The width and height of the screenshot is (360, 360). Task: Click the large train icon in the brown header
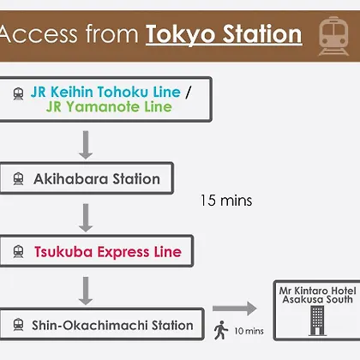click(333, 36)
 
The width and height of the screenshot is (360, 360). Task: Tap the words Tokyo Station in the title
click(224, 34)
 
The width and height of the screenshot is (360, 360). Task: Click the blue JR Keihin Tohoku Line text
click(105, 92)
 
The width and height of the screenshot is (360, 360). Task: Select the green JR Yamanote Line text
click(109, 107)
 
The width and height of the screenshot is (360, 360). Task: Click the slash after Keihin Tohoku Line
click(188, 92)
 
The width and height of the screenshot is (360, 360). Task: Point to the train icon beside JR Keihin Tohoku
click(18, 93)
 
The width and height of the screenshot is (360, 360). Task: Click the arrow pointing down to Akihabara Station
click(86, 145)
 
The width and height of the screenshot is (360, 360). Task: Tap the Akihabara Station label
click(97, 179)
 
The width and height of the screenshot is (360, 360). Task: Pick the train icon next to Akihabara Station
click(18, 179)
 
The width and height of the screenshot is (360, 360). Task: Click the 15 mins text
click(226, 201)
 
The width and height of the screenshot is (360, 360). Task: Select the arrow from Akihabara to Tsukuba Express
click(86, 218)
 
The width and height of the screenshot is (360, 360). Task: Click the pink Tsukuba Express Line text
click(108, 252)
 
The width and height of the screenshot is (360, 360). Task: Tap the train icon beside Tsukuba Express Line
click(18, 251)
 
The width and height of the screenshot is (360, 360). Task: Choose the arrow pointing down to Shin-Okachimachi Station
click(86, 291)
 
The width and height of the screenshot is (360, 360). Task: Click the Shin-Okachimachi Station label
click(112, 325)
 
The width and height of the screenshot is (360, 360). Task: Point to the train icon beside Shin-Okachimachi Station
click(18, 325)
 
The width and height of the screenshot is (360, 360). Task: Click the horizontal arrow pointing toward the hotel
click(235, 309)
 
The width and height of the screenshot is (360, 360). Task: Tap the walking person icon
click(221, 330)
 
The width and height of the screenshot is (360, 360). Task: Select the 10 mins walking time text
click(249, 331)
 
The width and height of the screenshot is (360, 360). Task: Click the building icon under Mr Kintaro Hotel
click(317, 321)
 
